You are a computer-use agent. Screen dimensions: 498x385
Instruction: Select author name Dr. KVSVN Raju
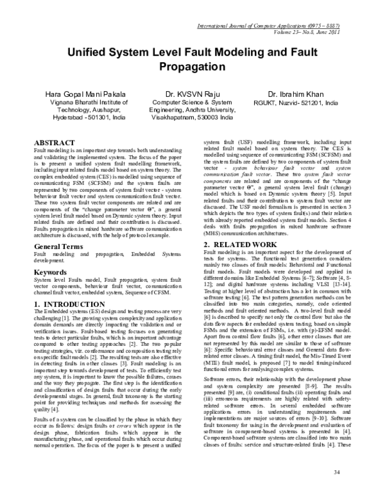tap(191, 94)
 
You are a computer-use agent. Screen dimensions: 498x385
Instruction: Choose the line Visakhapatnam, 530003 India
tap(191, 119)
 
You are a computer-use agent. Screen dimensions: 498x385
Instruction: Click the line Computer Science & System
tap(191, 102)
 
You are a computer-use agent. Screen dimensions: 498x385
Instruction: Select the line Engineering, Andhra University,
tap(191, 110)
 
